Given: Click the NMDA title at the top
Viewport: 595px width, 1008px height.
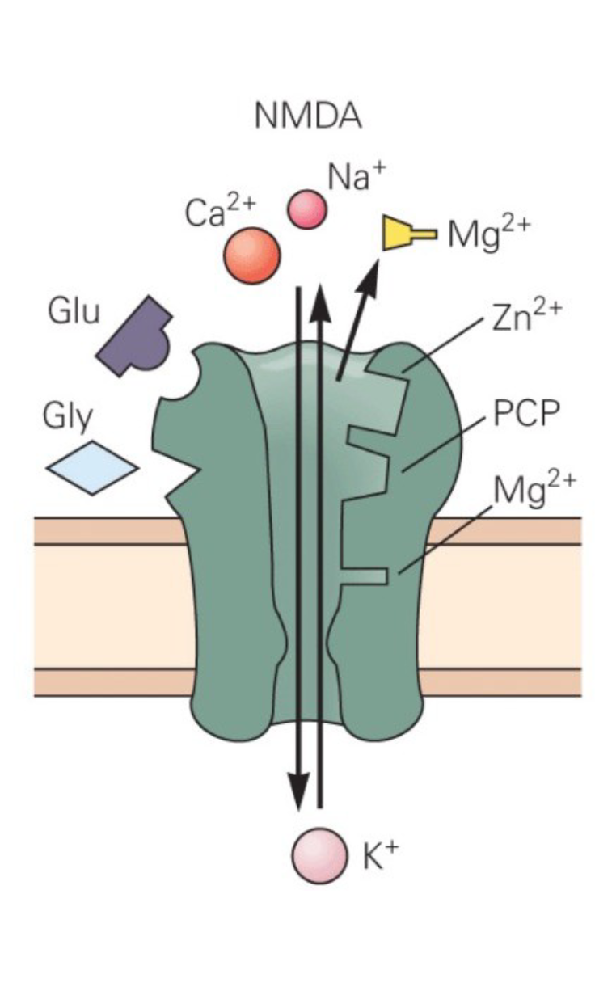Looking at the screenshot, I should click(307, 117).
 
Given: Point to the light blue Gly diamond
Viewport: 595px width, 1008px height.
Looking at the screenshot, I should click(92, 467).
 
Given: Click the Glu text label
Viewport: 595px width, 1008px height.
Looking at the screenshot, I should click(74, 311).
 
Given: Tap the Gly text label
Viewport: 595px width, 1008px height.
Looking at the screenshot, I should click(69, 419).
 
